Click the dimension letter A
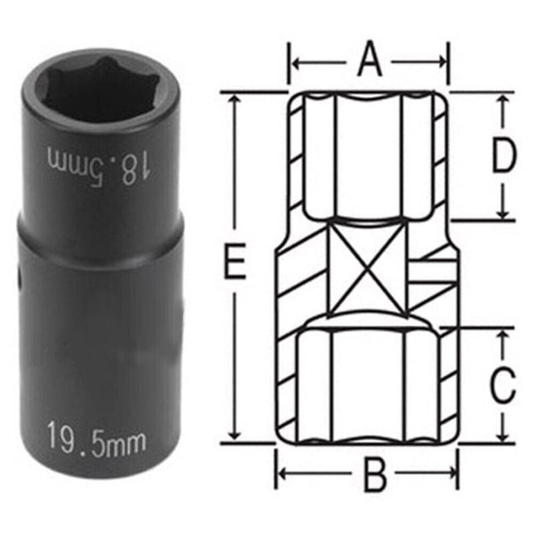[369, 60]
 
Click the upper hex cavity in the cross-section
[366, 156]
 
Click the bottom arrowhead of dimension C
[503, 436]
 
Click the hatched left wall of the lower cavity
[284, 381]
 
